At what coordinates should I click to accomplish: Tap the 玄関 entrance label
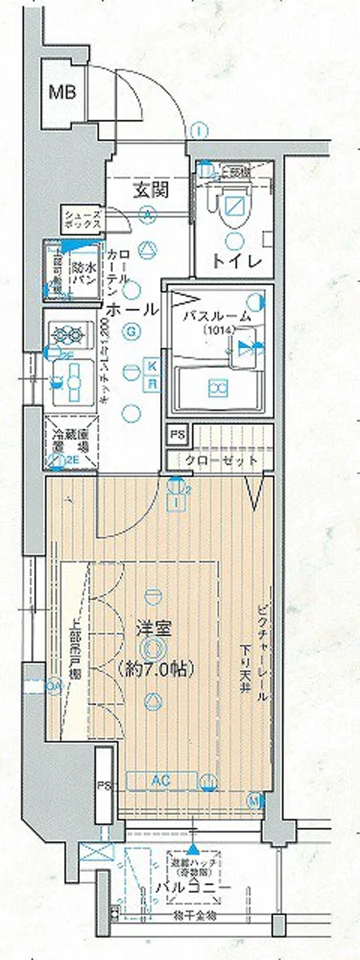pyautogui.click(x=150, y=190)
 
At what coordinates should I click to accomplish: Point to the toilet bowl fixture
pyautogui.click(x=237, y=205)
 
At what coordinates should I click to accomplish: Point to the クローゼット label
pyautogui.click(x=222, y=461)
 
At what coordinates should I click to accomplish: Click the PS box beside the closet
pyautogui.click(x=178, y=434)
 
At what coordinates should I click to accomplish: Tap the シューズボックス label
pyautogui.click(x=83, y=219)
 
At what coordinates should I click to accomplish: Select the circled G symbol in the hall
pyautogui.click(x=129, y=330)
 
